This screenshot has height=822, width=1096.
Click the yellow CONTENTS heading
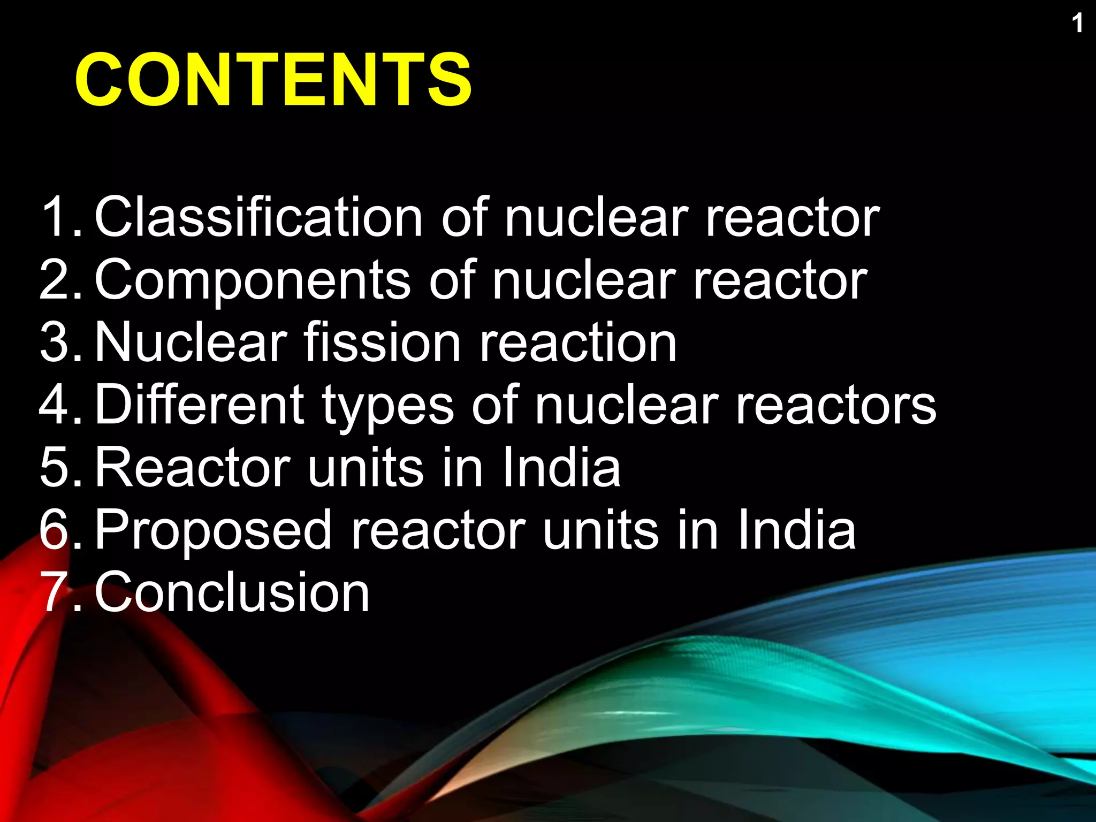click(x=273, y=80)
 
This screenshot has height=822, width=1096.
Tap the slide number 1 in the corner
click(x=1077, y=24)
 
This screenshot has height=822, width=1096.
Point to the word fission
click(x=382, y=342)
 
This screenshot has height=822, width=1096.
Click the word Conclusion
click(x=232, y=592)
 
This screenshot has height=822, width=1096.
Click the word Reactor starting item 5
click(x=193, y=468)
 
